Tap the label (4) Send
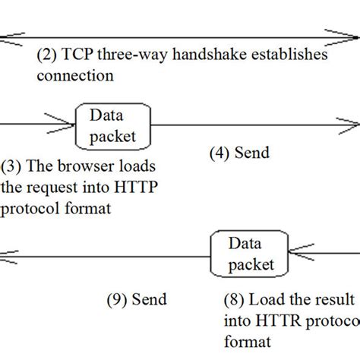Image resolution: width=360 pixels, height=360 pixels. (238, 153)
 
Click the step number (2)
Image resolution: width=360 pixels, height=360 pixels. (47, 56)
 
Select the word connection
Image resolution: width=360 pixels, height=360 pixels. (75, 75)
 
